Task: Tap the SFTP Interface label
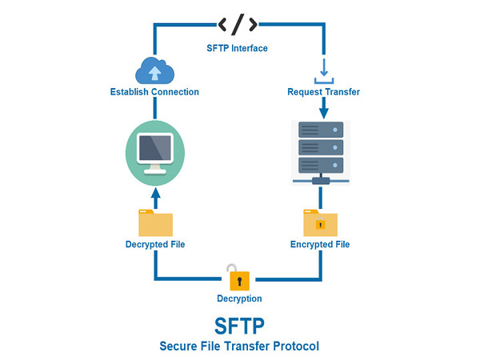238,48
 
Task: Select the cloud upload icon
155,72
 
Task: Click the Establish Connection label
154,92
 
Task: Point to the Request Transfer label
323,92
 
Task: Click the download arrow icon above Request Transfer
322,69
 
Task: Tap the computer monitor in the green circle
155,150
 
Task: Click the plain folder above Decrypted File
155,222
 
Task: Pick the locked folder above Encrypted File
320,222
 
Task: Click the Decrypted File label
155,244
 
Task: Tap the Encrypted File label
320,244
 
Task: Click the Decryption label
239,298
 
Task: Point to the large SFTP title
239,326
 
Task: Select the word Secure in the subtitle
180,346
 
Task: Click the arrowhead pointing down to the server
323,113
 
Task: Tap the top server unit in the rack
321,129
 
